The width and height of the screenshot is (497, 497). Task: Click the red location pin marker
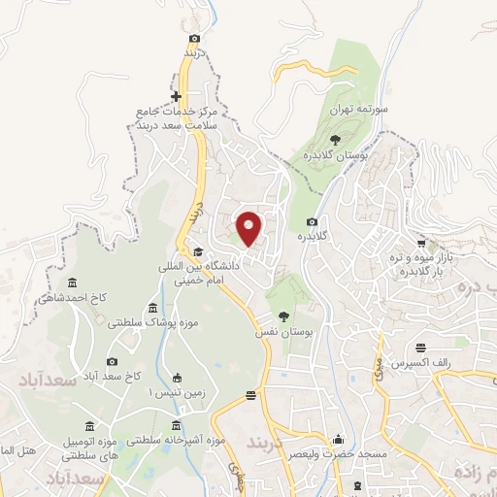tap(249, 229)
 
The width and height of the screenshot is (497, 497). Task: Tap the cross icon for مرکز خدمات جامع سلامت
tap(176, 97)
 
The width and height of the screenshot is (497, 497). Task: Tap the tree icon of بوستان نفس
tap(282, 316)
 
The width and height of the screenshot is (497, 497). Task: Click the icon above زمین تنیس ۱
tap(177, 379)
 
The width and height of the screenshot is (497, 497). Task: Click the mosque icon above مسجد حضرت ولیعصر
tap(338, 438)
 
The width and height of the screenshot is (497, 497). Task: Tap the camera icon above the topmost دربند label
tap(195, 38)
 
